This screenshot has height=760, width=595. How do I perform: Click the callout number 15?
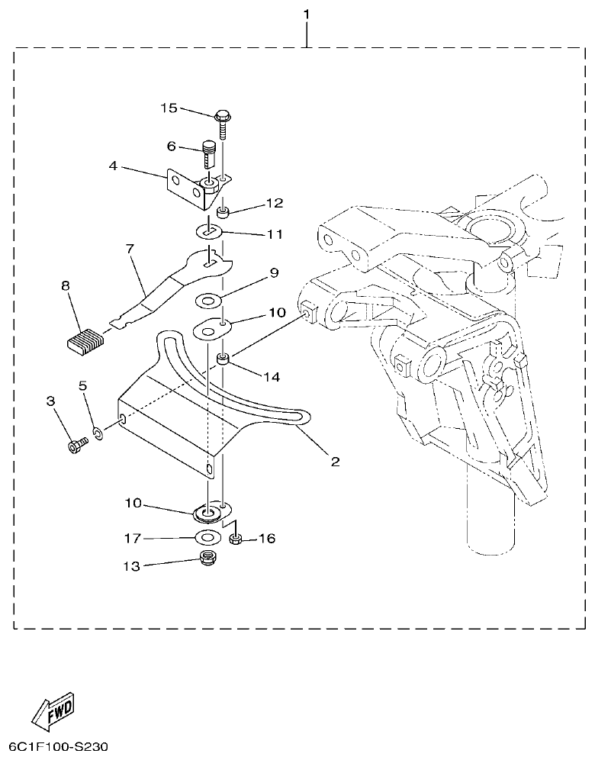point(169,108)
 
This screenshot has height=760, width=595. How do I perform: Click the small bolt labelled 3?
point(76,446)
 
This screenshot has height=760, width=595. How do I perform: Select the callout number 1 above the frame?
point(307,14)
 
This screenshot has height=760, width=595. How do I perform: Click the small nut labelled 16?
point(236,540)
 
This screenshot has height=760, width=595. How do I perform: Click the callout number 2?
point(334,462)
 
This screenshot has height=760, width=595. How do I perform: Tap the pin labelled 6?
point(210,153)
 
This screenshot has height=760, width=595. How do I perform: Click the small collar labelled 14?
point(224,359)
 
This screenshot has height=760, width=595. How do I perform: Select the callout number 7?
point(129,249)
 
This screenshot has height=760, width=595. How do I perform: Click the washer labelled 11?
point(212,230)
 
